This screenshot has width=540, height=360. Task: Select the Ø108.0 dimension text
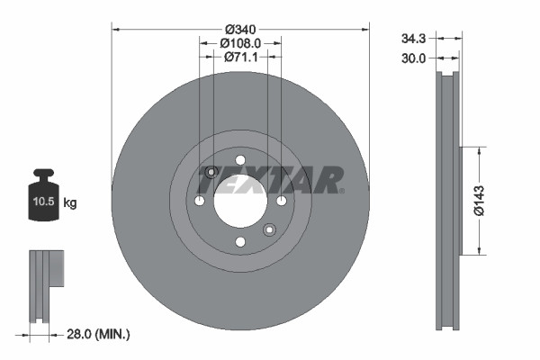pos(240,42)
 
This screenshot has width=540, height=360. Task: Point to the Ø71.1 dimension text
pos(240,57)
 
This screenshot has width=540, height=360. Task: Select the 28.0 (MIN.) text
pos(99,334)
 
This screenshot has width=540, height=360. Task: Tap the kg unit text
pos(70,204)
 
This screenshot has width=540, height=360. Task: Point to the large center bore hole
pos(239,200)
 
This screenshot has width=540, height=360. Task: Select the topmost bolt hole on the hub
pos(239,159)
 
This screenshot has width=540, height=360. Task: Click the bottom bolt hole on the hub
pos(239,241)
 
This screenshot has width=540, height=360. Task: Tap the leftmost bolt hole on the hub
pos(199,200)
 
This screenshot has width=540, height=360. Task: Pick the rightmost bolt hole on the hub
pos(281,200)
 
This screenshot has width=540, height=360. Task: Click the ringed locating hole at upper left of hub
pos(211,173)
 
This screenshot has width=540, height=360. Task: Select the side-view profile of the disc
pos(447,200)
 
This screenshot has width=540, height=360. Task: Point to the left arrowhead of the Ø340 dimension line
pos(115,29)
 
